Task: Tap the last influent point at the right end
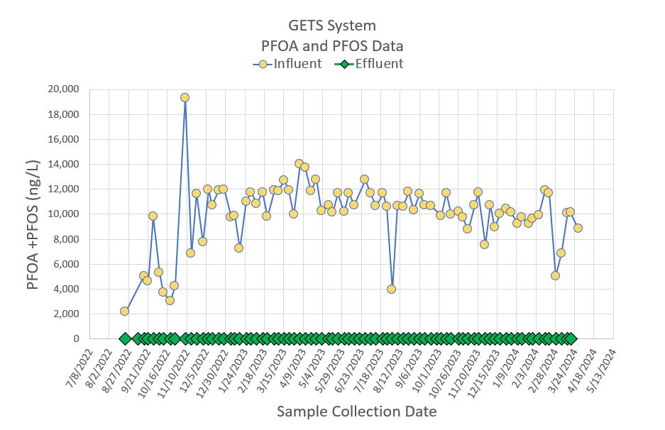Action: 578,228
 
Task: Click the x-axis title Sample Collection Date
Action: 346,412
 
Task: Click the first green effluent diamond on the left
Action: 124,338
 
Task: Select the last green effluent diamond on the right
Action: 569,338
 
